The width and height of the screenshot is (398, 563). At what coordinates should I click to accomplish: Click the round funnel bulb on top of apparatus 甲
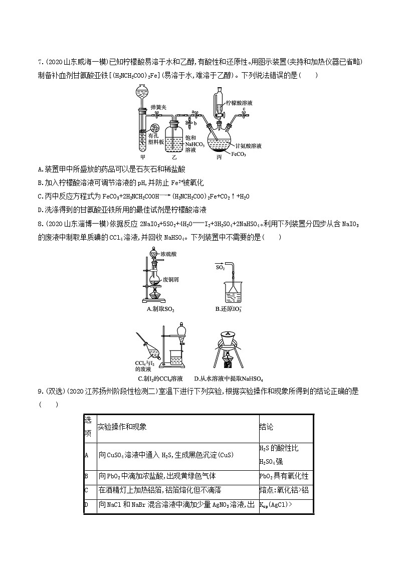141,91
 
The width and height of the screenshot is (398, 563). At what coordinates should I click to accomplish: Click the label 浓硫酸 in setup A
170,255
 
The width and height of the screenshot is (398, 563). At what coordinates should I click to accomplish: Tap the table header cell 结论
267,427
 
